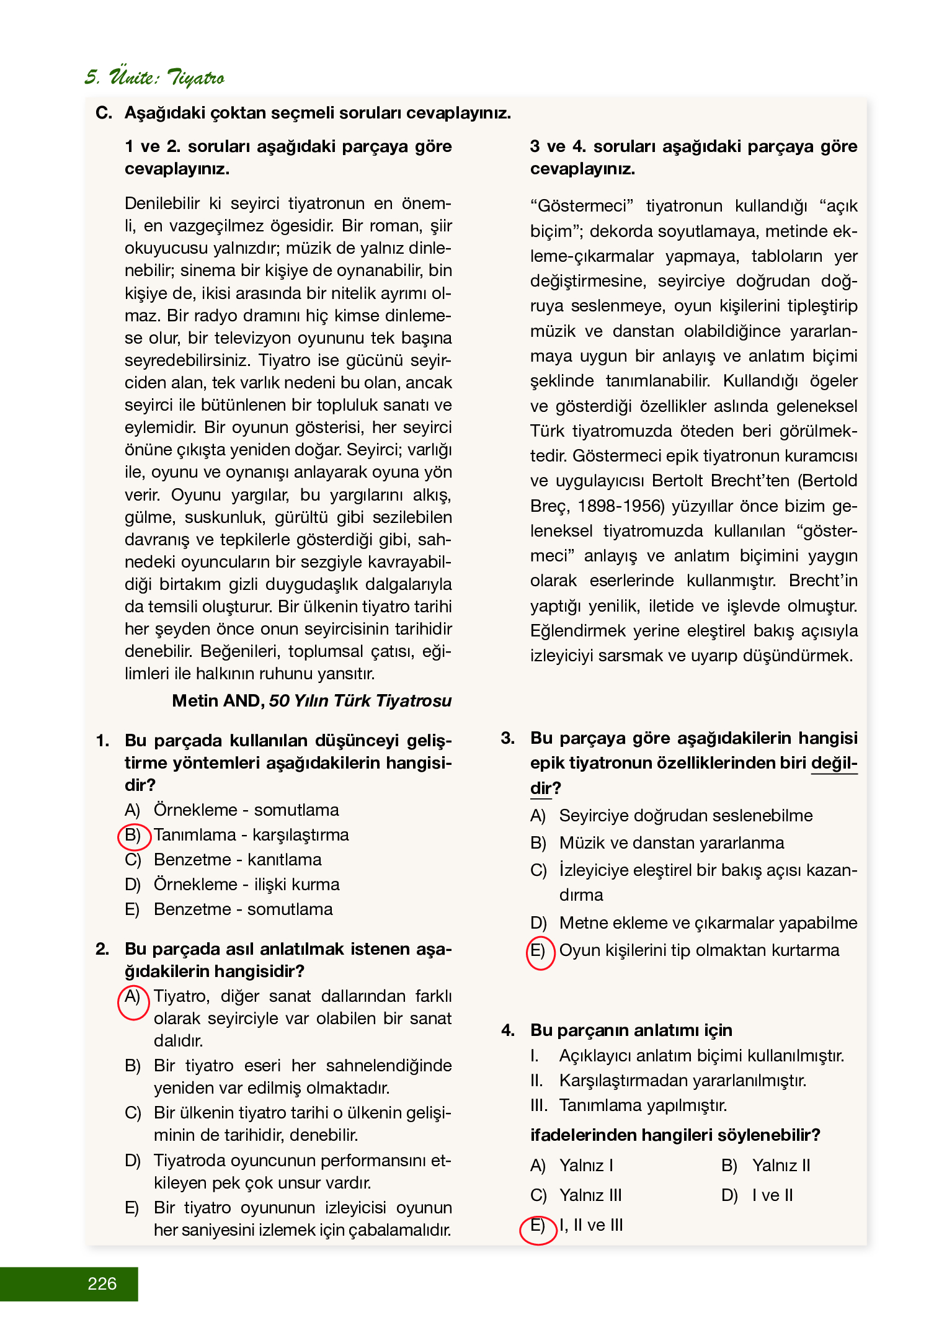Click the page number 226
click(102, 1283)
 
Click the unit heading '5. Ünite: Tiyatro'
click(154, 78)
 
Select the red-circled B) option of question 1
click(133, 836)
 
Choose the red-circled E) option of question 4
click(538, 1226)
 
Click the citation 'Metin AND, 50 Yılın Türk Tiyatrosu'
click(311, 701)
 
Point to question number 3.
click(508, 738)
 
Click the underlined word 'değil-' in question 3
click(834, 764)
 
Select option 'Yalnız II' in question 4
click(781, 1166)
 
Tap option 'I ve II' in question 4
click(772, 1195)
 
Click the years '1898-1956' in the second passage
click(620, 506)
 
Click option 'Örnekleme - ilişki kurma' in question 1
click(246, 885)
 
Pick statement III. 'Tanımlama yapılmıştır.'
click(643, 1105)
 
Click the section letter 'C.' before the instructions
click(104, 113)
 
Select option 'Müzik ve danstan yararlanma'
click(671, 843)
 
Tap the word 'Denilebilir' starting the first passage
click(162, 203)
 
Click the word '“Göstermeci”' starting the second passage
click(582, 206)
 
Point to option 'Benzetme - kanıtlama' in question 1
click(238, 860)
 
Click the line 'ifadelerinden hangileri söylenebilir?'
click(675, 1135)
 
